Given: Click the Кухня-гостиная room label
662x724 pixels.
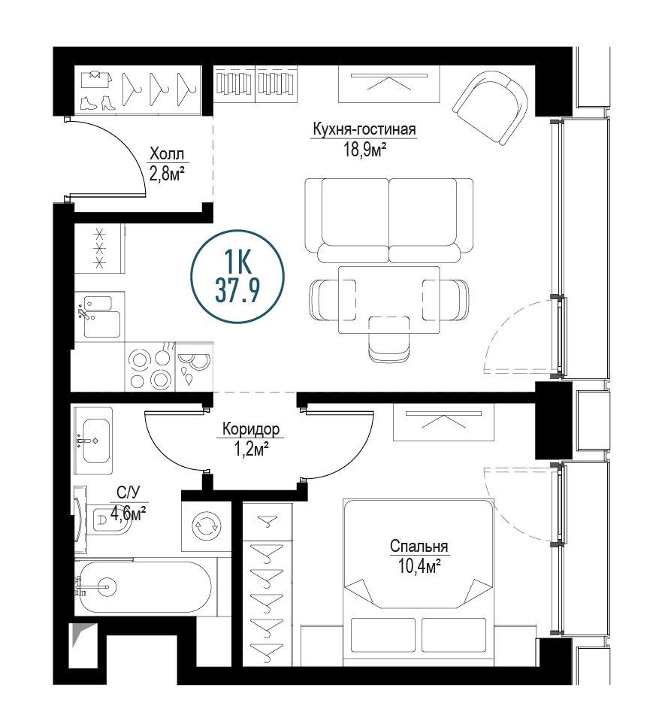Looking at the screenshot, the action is [364, 129].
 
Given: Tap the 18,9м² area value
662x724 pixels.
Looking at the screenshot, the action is [364, 150].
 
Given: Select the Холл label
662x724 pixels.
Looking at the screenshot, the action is [167, 154].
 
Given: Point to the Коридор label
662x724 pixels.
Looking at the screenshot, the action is [251, 429].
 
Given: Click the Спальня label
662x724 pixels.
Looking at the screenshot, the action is [419, 547].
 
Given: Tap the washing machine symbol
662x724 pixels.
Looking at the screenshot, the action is [207, 526].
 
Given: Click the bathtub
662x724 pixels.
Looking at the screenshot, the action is [144, 587].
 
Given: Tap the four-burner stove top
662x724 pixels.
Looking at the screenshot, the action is [150, 367].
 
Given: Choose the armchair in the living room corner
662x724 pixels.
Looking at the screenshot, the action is [491, 108].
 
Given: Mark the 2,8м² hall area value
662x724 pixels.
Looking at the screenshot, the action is [167, 174].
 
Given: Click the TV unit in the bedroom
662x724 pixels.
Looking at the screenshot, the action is [443, 422].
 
